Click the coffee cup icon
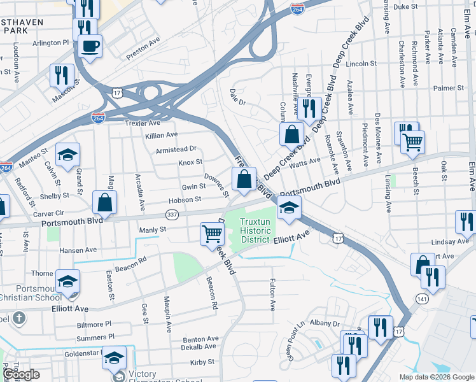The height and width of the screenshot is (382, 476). pyautogui.click(x=90, y=46)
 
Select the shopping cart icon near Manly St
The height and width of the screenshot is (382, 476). pyautogui.click(x=212, y=233)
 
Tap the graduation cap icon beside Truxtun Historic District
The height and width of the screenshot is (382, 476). pyautogui.click(x=289, y=208)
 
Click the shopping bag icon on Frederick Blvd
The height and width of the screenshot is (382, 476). pyautogui.click(x=244, y=179)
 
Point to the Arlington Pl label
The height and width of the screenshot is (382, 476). pyautogui.click(x=50, y=42)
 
